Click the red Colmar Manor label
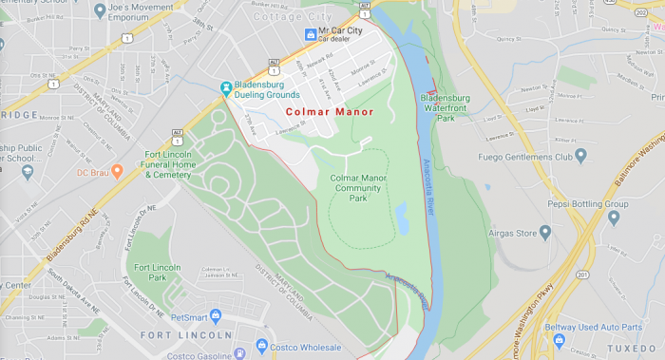tap(329, 112)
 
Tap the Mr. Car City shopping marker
tap(310, 34)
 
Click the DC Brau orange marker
tap(117, 172)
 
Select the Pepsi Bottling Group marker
tap(613, 218)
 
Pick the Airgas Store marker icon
tap(545, 232)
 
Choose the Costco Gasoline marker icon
tap(237, 354)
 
